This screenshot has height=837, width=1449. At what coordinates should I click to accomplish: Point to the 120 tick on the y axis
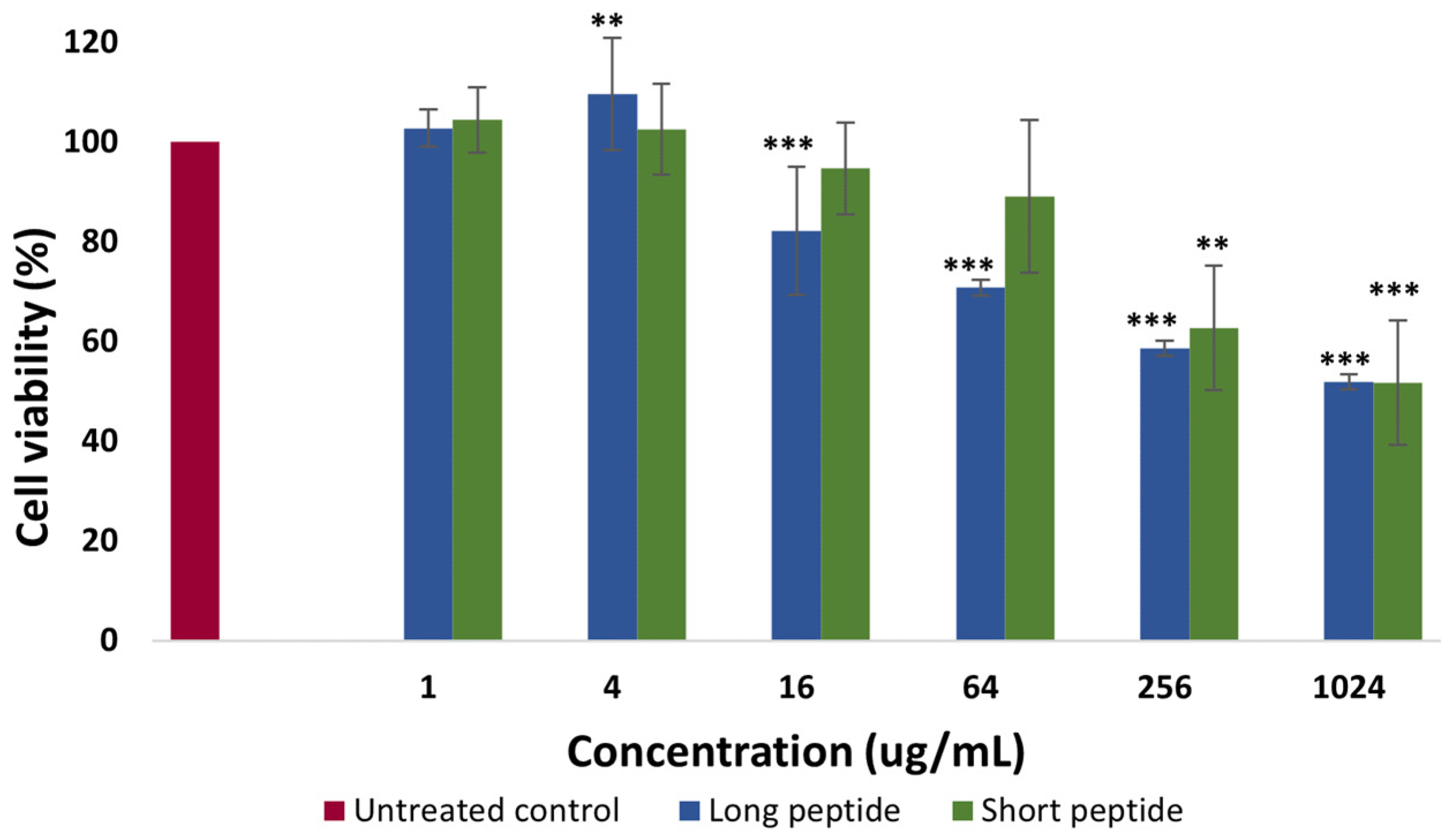pyautogui.click(x=90, y=43)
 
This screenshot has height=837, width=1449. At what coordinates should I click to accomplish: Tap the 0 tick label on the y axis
pyautogui.click(x=108, y=640)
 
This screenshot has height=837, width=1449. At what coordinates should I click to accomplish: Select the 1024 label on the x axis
pyautogui.click(x=1348, y=688)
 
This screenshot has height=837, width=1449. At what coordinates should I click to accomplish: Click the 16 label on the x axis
pyautogui.click(x=796, y=688)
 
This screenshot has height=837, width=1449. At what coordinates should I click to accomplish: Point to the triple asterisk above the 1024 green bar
pyautogui.click(x=1394, y=290)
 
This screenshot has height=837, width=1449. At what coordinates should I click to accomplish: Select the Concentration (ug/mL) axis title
pyautogui.click(x=795, y=752)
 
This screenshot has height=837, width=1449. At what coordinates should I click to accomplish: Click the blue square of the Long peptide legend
pyautogui.click(x=689, y=811)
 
